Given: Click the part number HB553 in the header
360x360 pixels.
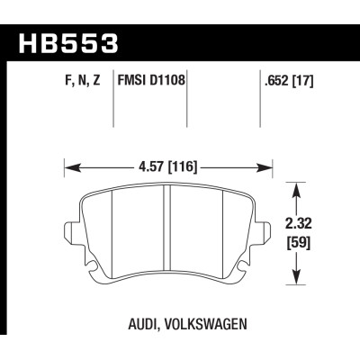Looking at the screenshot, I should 67,43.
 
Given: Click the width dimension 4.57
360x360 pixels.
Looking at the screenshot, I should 153,166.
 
